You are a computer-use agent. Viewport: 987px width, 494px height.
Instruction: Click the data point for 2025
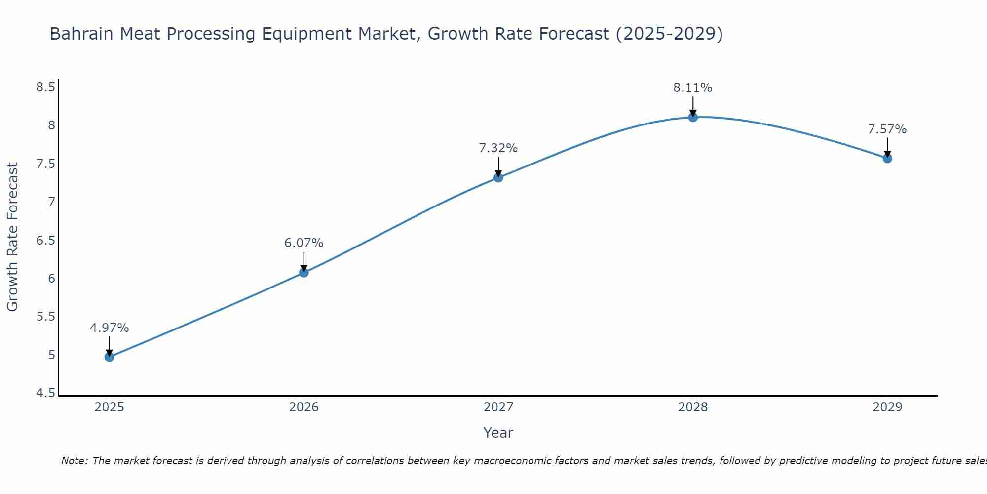pos(109,357)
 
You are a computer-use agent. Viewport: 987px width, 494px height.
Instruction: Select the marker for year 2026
pos(304,272)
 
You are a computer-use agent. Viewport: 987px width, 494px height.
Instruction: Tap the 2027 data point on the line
pos(498,177)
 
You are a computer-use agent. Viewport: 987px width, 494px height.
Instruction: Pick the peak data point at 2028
pos(693,117)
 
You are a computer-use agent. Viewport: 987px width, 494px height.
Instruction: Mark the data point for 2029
pos(887,159)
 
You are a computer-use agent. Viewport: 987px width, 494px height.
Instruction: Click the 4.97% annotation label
pos(109,328)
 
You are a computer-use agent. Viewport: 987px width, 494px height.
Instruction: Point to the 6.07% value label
pos(304,243)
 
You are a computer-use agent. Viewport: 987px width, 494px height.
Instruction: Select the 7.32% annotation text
pos(498,148)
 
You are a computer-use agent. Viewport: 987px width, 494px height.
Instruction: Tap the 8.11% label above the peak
pos(693,88)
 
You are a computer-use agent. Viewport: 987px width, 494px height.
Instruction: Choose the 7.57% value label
pos(887,129)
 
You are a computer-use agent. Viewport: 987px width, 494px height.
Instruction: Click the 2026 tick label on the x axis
pos(304,407)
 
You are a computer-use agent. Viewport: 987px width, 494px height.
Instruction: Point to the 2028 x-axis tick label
pos(693,407)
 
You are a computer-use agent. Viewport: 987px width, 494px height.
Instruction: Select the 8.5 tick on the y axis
pos(45,87)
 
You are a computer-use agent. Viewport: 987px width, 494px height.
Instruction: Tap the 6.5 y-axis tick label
pos(45,241)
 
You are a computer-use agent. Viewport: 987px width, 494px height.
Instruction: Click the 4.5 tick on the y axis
pos(45,393)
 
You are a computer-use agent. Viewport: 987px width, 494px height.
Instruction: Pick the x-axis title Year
pos(498,433)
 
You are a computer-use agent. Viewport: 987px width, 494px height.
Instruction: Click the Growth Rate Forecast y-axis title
pos(12,237)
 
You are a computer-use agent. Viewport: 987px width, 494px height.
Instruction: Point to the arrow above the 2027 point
pos(498,166)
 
